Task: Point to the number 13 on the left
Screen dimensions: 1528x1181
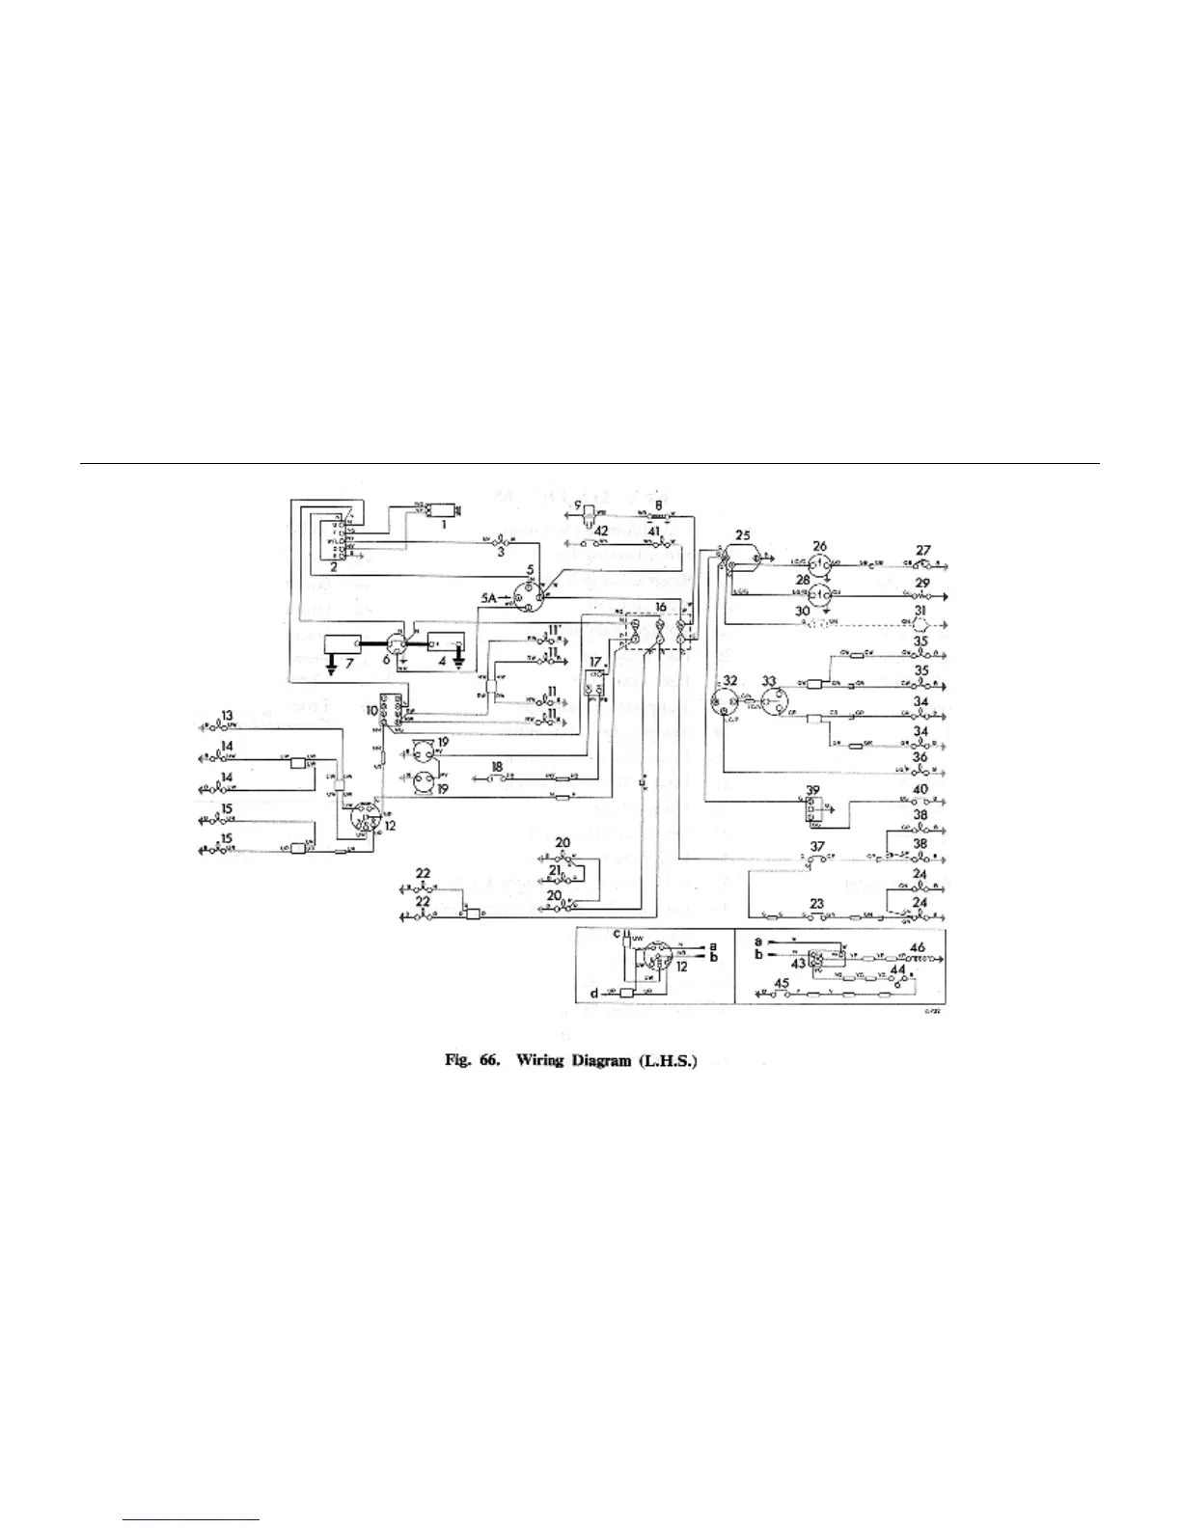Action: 227,715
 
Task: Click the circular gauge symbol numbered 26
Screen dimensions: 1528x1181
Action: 819,563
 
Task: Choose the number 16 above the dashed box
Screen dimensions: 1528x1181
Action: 660,607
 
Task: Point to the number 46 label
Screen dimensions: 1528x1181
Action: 917,949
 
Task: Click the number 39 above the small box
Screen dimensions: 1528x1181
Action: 814,790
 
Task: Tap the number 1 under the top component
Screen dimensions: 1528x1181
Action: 443,525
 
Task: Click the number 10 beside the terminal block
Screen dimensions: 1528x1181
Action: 371,709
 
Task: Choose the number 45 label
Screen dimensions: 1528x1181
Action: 783,984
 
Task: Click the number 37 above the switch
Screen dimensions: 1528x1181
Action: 817,845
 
